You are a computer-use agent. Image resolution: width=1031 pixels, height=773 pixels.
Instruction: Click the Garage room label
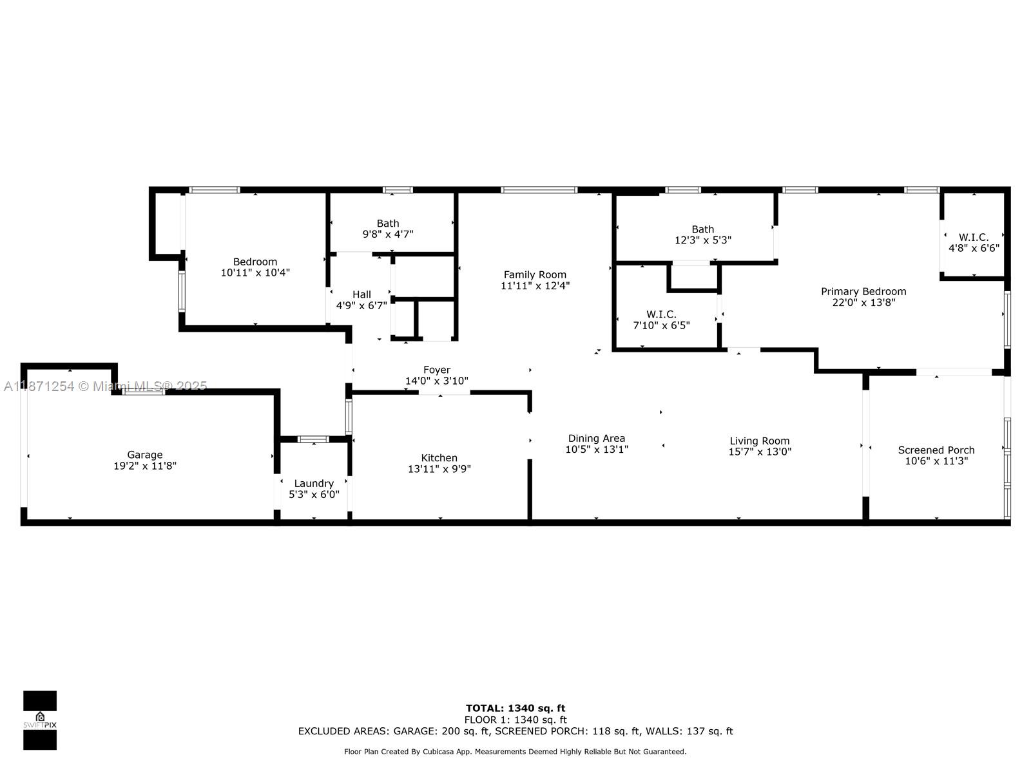click(x=144, y=455)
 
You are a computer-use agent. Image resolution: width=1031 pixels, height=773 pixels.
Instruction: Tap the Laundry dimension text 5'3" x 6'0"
click(x=314, y=495)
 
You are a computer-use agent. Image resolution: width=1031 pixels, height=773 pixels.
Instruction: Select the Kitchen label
click(x=439, y=458)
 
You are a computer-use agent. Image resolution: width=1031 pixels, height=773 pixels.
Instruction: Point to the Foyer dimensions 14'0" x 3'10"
click(x=436, y=381)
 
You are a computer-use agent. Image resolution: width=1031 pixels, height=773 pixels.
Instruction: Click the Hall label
click(x=361, y=294)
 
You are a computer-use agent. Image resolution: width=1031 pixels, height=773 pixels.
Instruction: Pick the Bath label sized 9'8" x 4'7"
click(x=388, y=224)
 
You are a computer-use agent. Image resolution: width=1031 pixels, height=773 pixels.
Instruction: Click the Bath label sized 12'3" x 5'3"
click(x=702, y=229)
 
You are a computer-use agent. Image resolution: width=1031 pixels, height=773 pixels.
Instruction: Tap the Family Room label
click(x=535, y=274)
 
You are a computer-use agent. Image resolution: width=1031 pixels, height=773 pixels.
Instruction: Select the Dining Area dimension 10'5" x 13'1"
click(x=596, y=450)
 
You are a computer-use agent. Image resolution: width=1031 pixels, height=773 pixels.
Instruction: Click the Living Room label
click(x=759, y=441)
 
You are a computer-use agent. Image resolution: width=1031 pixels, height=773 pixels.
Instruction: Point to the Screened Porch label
click(x=936, y=450)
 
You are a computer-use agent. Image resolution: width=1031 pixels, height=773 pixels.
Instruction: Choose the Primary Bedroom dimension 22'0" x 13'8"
click(x=863, y=302)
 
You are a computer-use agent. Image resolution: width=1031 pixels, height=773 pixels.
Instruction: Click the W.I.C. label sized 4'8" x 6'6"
click(x=973, y=237)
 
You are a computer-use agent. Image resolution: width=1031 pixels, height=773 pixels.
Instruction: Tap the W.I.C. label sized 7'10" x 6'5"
click(x=661, y=314)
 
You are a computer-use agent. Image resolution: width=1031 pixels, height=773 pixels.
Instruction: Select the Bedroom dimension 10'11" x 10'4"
click(x=255, y=272)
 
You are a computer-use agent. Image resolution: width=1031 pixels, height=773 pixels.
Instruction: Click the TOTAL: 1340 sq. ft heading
click(x=515, y=708)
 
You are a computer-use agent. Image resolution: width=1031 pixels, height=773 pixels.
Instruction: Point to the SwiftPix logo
click(x=40, y=720)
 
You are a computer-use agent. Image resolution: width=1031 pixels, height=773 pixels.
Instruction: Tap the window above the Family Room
click(x=539, y=190)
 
